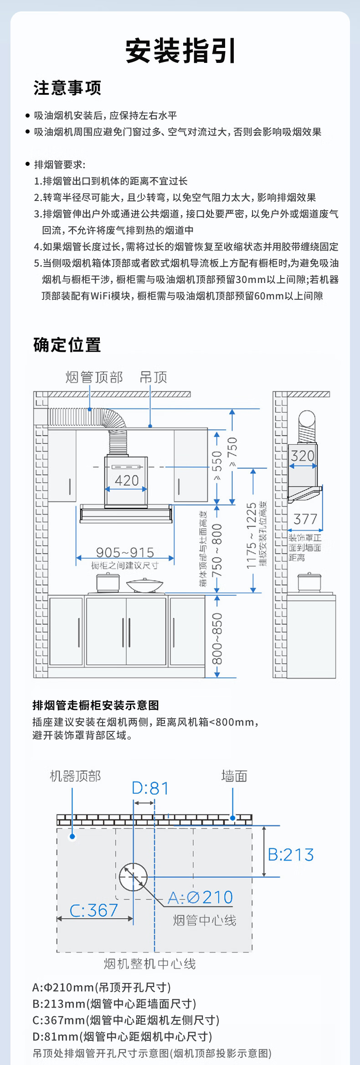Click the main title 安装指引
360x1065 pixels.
pyautogui.click(x=180, y=51)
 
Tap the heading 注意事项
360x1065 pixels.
pyautogui.click(x=67, y=88)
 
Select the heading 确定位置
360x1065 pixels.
pyautogui.click(x=67, y=345)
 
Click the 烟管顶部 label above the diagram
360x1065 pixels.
pyautogui.click(x=94, y=377)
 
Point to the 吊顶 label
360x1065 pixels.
pyautogui.click(x=154, y=377)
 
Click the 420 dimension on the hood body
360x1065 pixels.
pyautogui.click(x=127, y=480)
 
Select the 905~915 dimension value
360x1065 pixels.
pyautogui.click(x=125, y=552)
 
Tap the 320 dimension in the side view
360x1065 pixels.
pyautogui.click(x=303, y=456)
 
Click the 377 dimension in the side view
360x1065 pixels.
pyautogui.click(x=305, y=519)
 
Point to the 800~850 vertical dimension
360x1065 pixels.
pyautogui.click(x=217, y=638)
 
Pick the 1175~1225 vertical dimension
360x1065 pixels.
pyautogui.click(x=252, y=535)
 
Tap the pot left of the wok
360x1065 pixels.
pyautogui.click(x=108, y=583)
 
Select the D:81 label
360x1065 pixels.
pyautogui.click(x=150, y=788)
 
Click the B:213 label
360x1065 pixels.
pyautogui.click(x=291, y=854)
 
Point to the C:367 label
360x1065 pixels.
pyautogui.click(x=94, y=910)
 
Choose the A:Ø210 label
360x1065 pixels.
pyautogui.click(x=201, y=897)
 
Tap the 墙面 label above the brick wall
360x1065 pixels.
pyautogui.click(x=234, y=776)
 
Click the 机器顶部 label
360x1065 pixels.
pyautogui.click(x=75, y=776)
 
